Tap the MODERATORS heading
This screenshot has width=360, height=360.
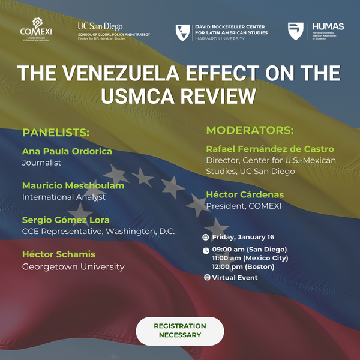250,130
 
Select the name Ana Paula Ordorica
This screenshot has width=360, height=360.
67,151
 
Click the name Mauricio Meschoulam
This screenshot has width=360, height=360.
73,185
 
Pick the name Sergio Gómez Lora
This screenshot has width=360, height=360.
67,220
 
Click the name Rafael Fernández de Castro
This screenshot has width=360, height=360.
270,149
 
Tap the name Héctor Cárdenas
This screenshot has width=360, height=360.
245,195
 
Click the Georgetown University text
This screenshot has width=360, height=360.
73,266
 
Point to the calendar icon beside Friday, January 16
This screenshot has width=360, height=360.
206,237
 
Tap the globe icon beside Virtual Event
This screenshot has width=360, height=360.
207,278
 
